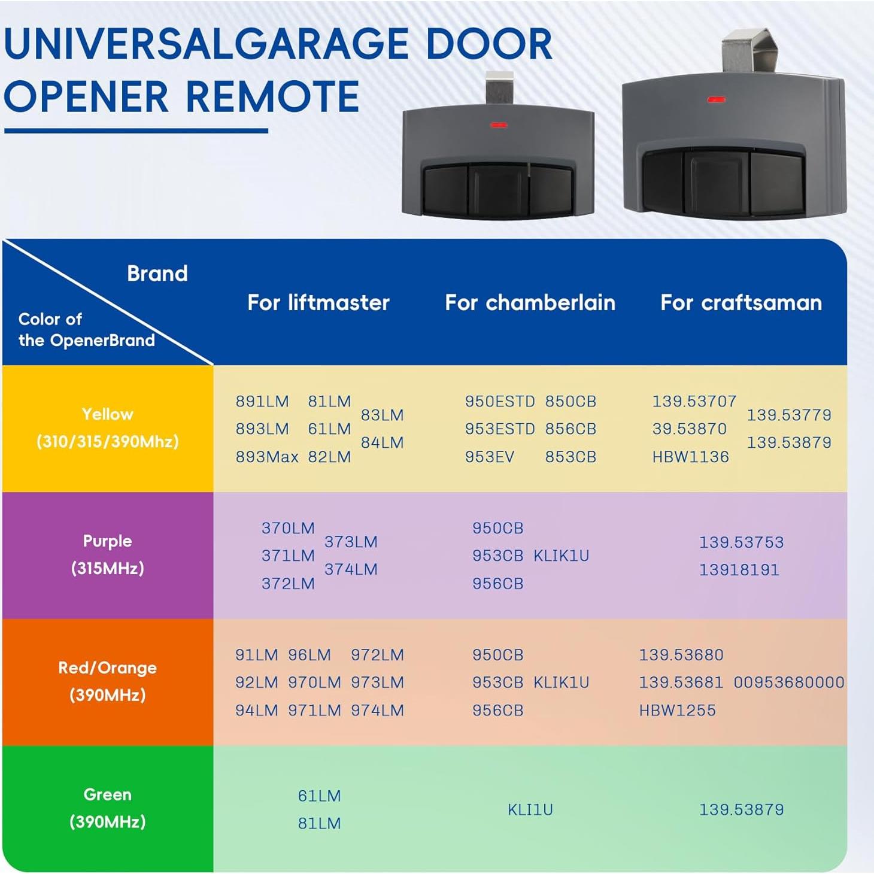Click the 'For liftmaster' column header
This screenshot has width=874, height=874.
(318, 303)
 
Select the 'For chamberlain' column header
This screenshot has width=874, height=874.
(530, 303)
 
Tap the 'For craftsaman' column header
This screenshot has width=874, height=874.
(741, 303)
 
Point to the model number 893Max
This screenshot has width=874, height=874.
(266, 457)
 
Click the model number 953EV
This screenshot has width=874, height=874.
(489, 457)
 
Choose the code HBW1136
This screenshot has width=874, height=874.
(690, 457)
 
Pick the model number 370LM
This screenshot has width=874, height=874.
(288, 528)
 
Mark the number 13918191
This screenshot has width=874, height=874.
(739, 569)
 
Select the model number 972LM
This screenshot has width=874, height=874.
(377, 655)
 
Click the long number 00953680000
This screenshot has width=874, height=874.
(789, 682)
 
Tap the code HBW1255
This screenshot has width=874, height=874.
(677, 711)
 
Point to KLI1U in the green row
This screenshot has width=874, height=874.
(530, 809)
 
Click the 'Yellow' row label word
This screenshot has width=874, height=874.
(108, 414)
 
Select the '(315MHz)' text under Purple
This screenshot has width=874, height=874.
(108, 568)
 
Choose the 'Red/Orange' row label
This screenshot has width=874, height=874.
(108, 667)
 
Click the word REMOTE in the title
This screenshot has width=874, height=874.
(272, 97)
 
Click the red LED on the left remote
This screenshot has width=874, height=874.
(499, 125)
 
